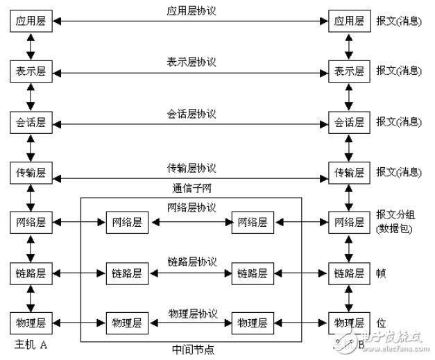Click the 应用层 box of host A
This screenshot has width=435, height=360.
[x=31, y=22]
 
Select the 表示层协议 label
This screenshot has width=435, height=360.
[x=191, y=62]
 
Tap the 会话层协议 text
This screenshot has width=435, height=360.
[x=191, y=114]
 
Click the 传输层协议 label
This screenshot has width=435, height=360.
[x=191, y=169]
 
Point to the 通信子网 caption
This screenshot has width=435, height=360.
[x=191, y=188]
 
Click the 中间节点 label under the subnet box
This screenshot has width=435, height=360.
[x=192, y=350]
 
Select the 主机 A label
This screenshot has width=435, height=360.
[x=30, y=344]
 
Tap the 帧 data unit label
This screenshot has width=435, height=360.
[x=381, y=274]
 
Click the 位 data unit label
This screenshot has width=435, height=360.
[x=381, y=323]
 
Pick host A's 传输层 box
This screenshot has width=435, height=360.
[x=31, y=173]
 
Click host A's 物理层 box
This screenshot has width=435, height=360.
[x=31, y=323]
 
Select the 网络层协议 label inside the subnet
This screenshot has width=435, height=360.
[x=191, y=208]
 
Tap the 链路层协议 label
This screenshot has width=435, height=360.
[x=191, y=262]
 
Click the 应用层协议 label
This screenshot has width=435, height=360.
[x=191, y=12]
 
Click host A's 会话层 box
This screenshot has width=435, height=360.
[x=31, y=122]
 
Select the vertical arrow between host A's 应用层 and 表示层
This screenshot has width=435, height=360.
[x=31, y=46]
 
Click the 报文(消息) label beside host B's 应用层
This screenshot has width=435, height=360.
[x=398, y=22]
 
